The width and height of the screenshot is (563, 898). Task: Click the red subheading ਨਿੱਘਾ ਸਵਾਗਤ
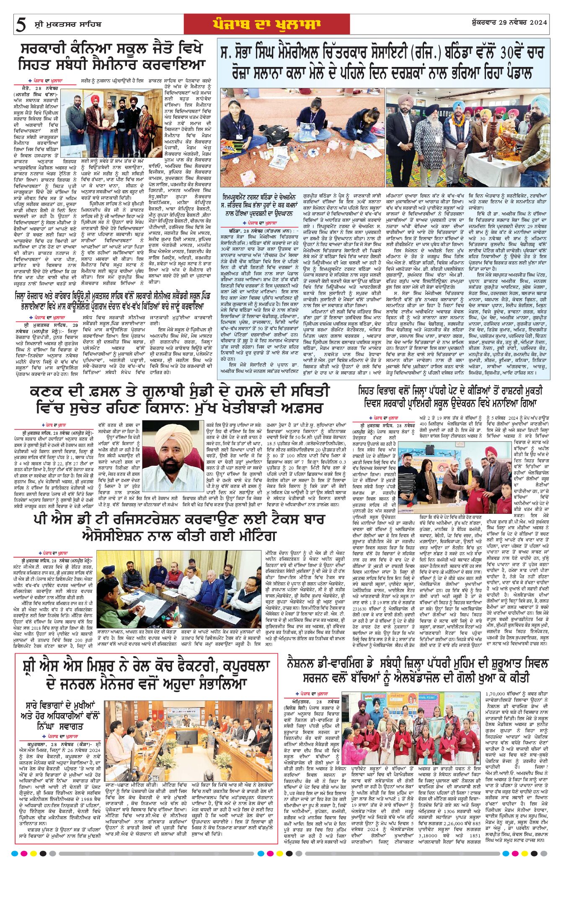click(x=60, y=726)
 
